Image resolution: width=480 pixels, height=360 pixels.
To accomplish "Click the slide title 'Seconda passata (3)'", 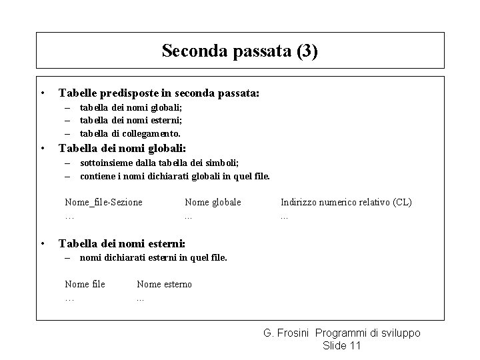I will point(240,51).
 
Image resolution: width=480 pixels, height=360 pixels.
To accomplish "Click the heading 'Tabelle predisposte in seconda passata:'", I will point(159,94).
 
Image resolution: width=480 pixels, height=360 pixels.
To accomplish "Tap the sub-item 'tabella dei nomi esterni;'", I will point(131,120).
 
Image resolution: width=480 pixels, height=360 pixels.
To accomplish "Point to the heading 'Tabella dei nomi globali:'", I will point(123,149).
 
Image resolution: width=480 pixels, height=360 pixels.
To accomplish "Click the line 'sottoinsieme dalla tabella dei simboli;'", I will point(159,163).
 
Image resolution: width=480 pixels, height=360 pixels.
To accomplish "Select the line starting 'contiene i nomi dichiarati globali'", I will point(175,177).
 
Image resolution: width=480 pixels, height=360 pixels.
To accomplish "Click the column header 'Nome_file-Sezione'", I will point(103,202).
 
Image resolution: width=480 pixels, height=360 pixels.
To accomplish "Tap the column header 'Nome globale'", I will point(213,202).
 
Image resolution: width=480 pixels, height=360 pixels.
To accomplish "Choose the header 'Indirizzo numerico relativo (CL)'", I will point(346,202).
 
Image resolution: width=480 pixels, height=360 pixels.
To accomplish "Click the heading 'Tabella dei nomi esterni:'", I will point(122,243).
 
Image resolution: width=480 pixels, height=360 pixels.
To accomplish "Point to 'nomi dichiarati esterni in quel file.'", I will point(153,258).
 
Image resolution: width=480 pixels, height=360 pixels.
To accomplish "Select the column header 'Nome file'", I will point(85,285).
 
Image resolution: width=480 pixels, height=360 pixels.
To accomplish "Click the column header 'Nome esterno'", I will point(164,285).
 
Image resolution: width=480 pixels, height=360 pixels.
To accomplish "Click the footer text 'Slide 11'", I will point(341,345).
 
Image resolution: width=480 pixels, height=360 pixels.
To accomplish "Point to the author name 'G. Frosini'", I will point(287,333).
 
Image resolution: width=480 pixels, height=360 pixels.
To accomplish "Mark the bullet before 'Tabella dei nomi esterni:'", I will point(42,243).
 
